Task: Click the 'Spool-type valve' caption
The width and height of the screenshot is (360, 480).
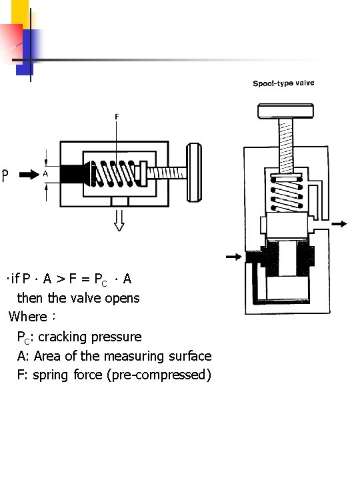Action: tap(283, 83)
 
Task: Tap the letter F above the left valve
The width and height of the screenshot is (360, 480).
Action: tap(117, 117)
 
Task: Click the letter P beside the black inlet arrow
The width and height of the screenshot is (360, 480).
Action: tap(5, 175)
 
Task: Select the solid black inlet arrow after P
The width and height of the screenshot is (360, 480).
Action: tap(29, 175)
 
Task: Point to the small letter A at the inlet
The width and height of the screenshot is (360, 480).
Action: tap(45, 174)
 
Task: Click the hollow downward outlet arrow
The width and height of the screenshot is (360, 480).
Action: tap(119, 221)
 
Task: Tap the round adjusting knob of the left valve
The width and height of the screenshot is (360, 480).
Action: tap(194, 173)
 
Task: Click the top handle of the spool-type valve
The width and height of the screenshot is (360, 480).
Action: tap(285, 111)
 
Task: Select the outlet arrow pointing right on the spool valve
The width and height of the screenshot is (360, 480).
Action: tap(339, 224)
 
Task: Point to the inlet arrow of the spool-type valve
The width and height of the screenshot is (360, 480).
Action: tap(234, 257)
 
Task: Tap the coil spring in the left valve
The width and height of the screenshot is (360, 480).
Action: tap(115, 173)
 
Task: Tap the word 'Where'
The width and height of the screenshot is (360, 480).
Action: tap(28, 317)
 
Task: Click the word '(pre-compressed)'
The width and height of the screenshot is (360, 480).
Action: tap(159, 375)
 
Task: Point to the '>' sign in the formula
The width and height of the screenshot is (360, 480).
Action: tap(61, 279)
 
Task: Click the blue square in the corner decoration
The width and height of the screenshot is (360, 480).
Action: tap(25, 52)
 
